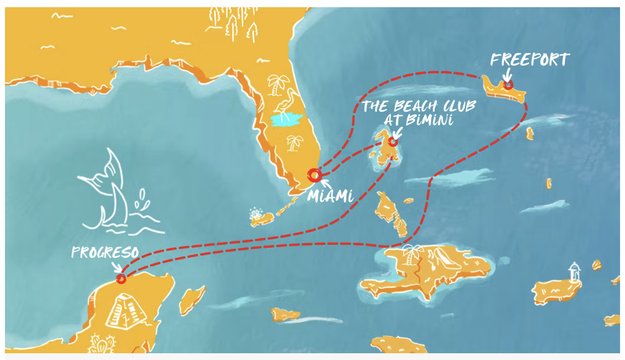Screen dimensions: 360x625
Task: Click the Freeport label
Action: (530, 60)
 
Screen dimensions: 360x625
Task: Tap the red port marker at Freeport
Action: (508, 84)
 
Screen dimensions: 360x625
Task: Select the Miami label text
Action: (330, 196)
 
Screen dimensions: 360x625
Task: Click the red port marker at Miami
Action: (315, 175)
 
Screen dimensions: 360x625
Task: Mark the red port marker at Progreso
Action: (121, 279)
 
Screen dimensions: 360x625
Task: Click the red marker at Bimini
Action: (393, 142)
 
